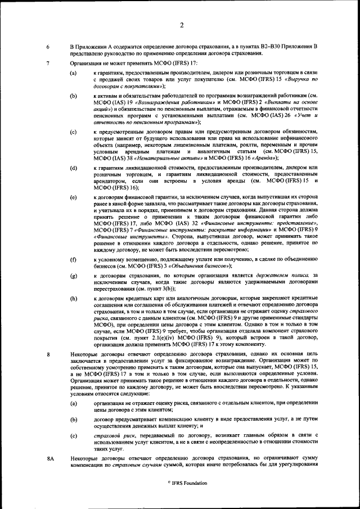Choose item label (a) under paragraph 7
73,74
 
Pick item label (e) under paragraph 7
73,198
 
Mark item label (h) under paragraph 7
73,296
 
